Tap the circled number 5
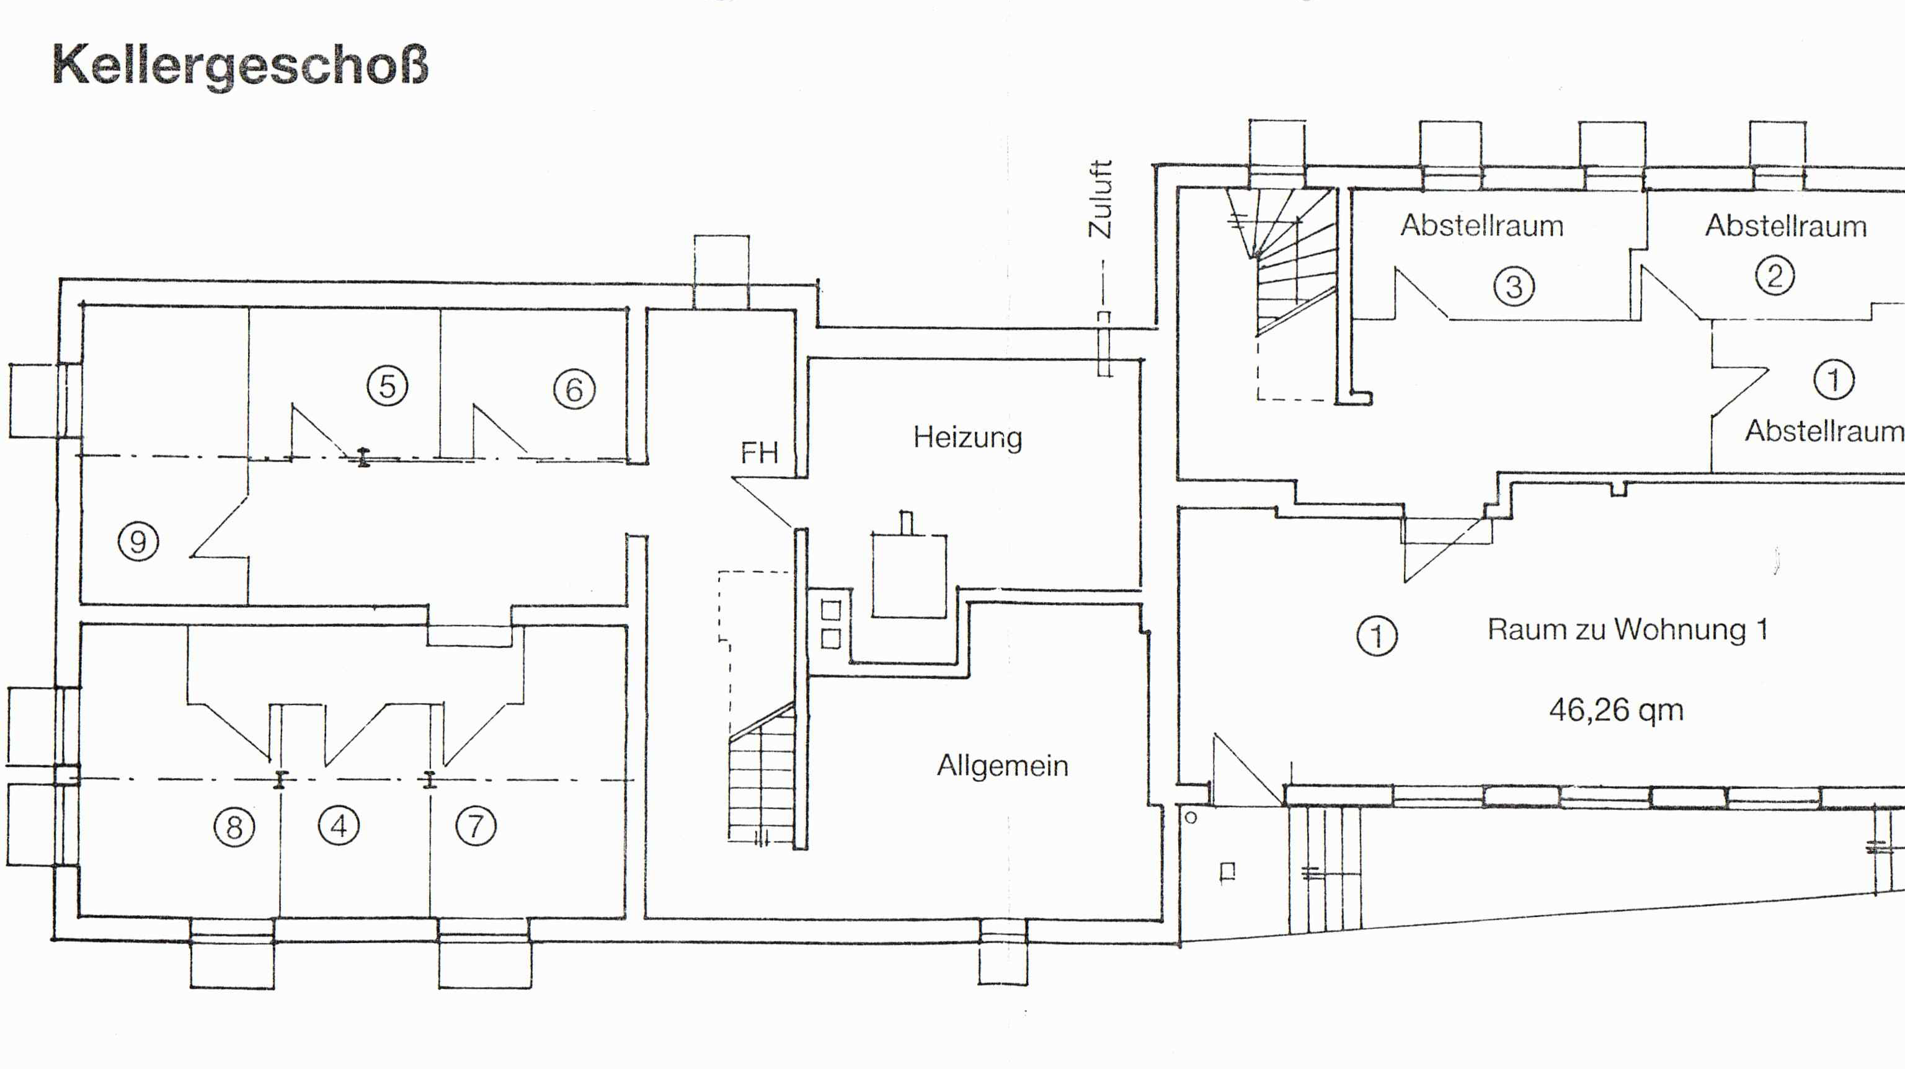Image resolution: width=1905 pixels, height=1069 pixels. click(x=388, y=386)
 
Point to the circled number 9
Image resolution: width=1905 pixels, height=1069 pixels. click(x=138, y=541)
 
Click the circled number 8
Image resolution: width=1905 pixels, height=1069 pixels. click(x=234, y=827)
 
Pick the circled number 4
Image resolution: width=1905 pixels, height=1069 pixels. click(x=339, y=825)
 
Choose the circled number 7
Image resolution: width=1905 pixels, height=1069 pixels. click(x=476, y=826)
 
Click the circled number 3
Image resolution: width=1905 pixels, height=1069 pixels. click(x=1514, y=286)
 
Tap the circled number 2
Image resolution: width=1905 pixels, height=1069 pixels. click(x=1775, y=276)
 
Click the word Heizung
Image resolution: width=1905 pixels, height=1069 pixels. click(x=968, y=438)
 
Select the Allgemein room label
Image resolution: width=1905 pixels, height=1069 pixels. click(x=1003, y=765)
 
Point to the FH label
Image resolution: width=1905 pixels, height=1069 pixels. click(x=760, y=453)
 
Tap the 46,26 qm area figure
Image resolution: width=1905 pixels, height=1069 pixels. click(x=1617, y=711)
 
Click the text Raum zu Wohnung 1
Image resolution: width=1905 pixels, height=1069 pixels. click(x=1628, y=629)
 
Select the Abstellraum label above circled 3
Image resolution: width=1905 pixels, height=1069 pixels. click(x=1482, y=226)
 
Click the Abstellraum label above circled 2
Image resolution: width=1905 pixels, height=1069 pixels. click(x=1786, y=226)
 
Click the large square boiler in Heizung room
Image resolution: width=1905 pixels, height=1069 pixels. click(x=909, y=575)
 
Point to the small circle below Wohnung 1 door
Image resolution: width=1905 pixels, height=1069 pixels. click(x=1191, y=818)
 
